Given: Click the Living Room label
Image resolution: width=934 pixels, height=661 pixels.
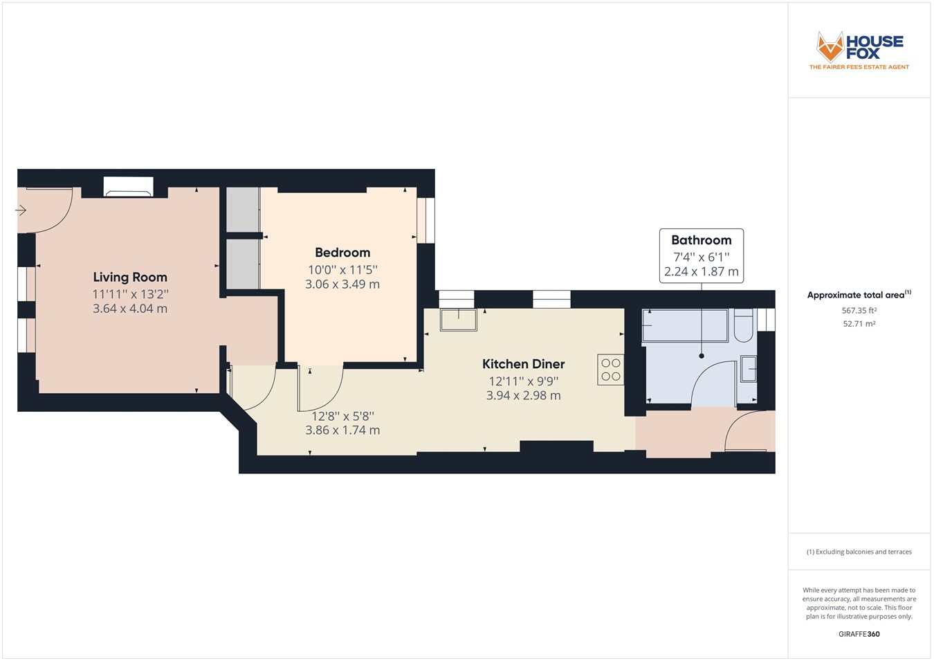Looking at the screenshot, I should tap(130, 277).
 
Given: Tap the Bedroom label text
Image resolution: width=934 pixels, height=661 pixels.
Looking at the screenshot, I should tap(342, 253).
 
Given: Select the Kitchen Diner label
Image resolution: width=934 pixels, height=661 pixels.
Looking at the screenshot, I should tap(523, 364).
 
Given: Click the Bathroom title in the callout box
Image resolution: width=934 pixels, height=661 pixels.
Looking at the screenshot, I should tap(701, 240).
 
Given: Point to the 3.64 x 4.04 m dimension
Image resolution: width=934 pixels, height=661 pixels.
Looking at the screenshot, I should tap(130, 309).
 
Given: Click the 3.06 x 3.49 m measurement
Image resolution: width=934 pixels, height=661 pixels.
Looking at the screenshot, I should tap(342, 284).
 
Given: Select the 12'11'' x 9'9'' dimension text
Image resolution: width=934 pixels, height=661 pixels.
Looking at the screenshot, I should tap(523, 381).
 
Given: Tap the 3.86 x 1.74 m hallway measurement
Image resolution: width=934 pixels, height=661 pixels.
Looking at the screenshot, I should tap(342, 430).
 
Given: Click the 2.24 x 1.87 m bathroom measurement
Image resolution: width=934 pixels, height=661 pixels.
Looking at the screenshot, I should tap(701, 272).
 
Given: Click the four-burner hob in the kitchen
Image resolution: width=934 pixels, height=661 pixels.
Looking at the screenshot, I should tap(610, 370).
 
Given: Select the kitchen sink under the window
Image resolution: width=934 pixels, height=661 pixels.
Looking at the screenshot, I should tap(458, 320).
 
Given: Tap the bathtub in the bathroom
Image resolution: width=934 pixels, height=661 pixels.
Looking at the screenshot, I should tap(685, 325).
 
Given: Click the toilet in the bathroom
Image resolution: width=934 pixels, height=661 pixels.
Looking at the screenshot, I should tap(743, 326).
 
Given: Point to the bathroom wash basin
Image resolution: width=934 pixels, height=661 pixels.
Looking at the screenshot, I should tap(748, 369).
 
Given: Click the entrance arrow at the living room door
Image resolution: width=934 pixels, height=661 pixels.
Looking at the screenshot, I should tap(21, 210).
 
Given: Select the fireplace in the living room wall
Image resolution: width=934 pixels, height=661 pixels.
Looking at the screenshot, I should tap(128, 187).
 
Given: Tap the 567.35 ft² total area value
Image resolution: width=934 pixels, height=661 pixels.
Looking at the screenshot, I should tap(859, 311).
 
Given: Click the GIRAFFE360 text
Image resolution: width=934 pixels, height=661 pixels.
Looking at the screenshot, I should tap(859, 633).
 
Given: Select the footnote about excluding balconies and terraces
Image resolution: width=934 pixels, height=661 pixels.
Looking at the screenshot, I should tap(859, 552).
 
